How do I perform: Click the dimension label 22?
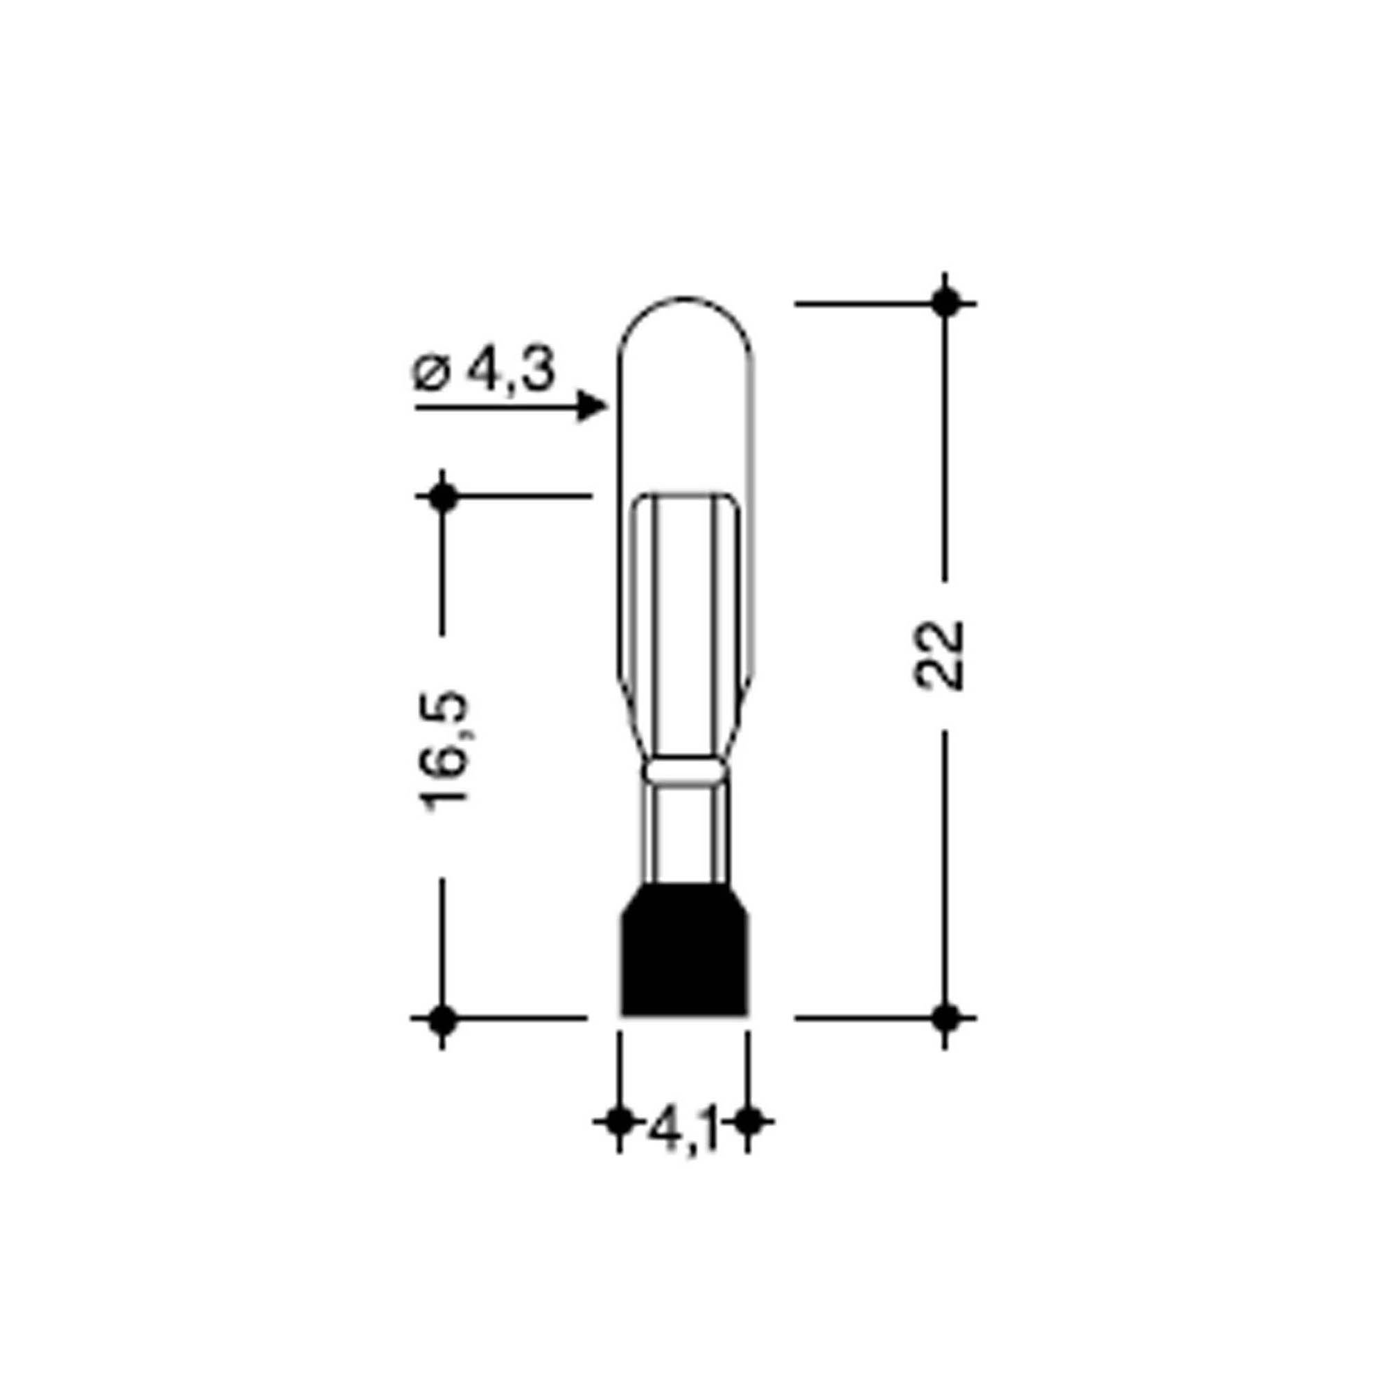939,655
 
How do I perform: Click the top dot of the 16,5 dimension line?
442,497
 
